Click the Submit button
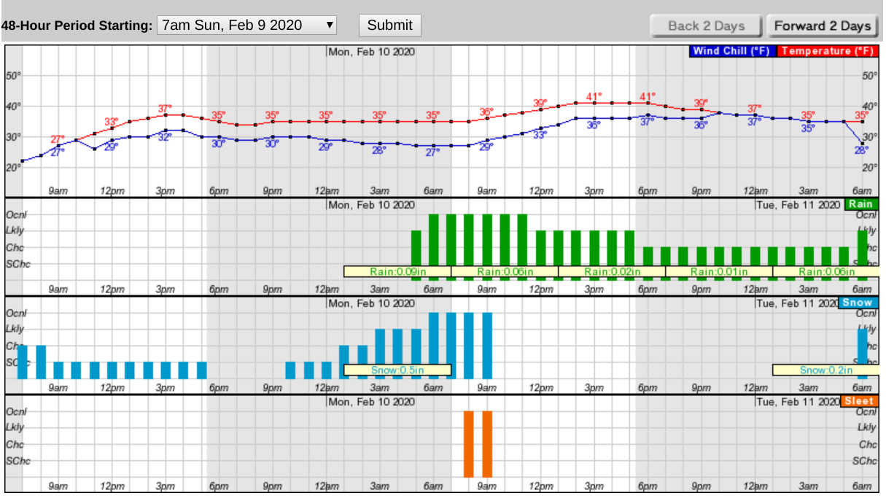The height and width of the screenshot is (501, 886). coord(389,25)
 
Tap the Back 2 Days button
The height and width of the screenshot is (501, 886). coord(706,26)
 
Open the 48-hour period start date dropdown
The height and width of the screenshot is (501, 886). coord(248,25)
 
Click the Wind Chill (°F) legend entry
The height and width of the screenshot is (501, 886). coord(732,51)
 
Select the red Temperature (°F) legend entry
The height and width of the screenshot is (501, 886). coord(826,51)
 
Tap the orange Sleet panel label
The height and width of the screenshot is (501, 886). coord(858,401)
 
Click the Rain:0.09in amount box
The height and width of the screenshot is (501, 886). coord(397,272)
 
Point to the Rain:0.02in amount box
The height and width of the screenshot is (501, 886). coord(612,272)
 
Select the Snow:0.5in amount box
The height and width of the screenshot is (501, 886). coord(397,370)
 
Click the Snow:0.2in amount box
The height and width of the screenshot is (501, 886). coord(826,370)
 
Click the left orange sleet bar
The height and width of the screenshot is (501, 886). coord(469,443)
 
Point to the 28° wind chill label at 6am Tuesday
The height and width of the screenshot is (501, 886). coord(861,150)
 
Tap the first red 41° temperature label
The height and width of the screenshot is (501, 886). coord(594,96)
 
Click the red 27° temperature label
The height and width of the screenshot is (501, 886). coord(58,139)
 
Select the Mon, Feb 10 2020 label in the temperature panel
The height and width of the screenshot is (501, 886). coord(372,51)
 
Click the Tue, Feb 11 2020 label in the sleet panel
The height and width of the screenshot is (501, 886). coord(797,402)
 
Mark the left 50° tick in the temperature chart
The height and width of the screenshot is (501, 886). coord(13,76)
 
